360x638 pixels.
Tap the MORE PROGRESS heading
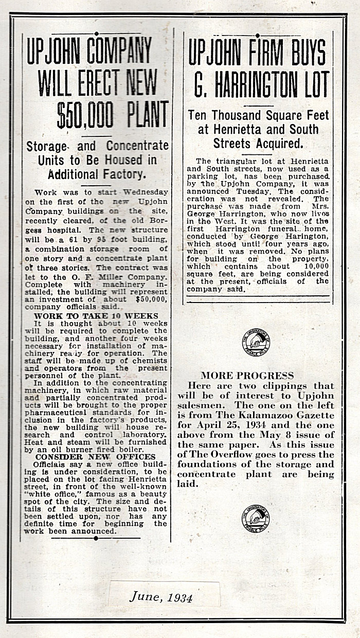coord(247,376)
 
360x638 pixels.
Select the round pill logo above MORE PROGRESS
coord(255,345)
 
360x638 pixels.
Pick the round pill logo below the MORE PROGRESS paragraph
coord(255,517)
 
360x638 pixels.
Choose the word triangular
coord(238,161)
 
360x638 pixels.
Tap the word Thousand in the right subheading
coord(243,115)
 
